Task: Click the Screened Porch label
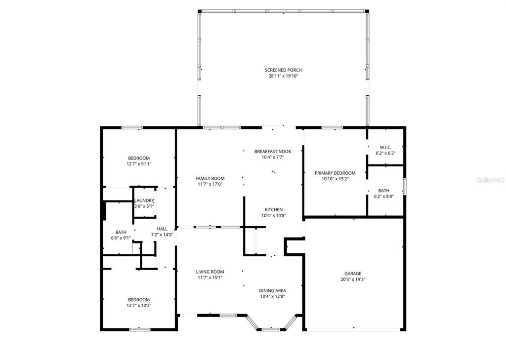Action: point(283,70)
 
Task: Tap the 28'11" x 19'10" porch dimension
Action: point(283,76)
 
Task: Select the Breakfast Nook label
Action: point(272,151)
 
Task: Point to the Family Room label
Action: point(210,178)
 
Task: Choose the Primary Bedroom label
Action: point(335,173)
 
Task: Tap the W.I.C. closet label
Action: point(385,147)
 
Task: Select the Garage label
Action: point(353,273)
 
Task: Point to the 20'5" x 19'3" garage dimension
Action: point(353,280)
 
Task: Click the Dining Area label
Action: point(272,290)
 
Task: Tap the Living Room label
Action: point(210,272)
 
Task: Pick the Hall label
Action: point(162,229)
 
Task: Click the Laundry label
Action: point(144,200)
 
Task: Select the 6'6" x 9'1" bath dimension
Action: point(121,238)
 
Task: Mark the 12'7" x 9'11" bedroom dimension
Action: point(139,164)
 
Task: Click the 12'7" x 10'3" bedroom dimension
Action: point(139,306)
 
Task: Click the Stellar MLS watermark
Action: point(490,180)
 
